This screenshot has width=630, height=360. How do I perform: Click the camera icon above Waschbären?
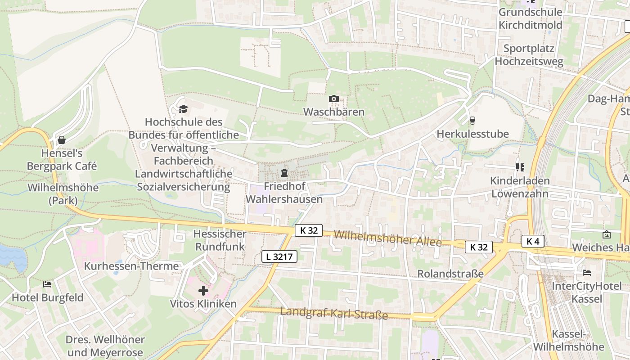pyautogui.click(x=333, y=99)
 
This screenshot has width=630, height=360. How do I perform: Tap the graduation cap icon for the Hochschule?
pyautogui.click(x=183, y=109)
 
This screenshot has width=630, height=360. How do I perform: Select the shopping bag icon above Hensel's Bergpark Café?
pyautogui.click(x=62, y=140)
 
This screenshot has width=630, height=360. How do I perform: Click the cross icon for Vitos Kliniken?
pyautogui.click(x=203, y=291)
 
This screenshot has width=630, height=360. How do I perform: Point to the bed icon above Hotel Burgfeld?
pyautogui.click(x=47, y=284)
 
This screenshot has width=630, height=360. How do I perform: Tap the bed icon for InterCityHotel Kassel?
pyautogui.click(x=586, y=273)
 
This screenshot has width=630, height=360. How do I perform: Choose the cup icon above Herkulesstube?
pyautogui.click(x=472, y=121)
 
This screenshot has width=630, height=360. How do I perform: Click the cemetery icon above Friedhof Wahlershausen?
pyautogui.click(x=284, y=173)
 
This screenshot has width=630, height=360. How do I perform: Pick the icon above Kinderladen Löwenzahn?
pyautogui.click(x=520, y=167)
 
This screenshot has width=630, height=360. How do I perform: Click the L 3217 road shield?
pyautogui.click(x=279, y=257)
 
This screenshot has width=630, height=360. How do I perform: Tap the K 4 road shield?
pyautogui.click(x=533, y=241)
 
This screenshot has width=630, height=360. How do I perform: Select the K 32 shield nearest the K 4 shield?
pyautogui.click(x=479, y=247)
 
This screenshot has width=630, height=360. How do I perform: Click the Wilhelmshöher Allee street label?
pyautogui.click(x=388, y=238)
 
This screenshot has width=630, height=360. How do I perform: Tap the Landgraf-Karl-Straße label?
pyautogui.click(x=334, y=313)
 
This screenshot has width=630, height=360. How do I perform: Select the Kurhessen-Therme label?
pyautogui.click(x=131, y=266)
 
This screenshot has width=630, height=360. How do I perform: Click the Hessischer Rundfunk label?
pyautogui.click(x=220, y=240)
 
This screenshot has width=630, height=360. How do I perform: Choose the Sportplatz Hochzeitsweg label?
pyautogui.click(x=529, y=55)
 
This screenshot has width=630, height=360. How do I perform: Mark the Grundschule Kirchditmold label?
pyautogui.click(x=531, y=18)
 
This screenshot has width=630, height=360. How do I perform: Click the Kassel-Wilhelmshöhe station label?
pyautogui.click(x=569, y=340)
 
